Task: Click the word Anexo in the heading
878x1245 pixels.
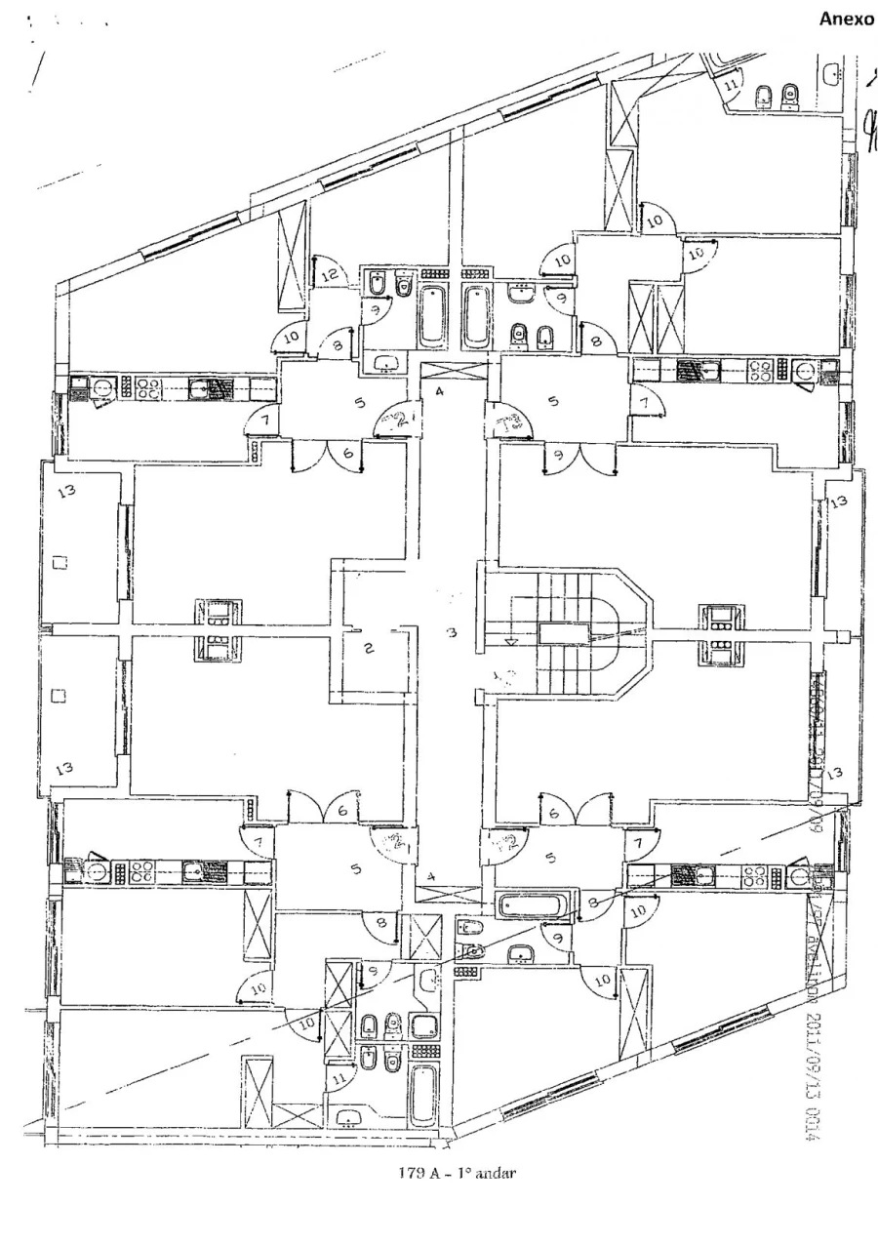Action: point(847,20)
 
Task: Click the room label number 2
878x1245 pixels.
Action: point(370,650)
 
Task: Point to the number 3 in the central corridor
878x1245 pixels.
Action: point(452,634)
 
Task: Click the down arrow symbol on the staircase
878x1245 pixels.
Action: point(510,641)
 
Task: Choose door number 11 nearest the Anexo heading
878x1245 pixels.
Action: point(731,86)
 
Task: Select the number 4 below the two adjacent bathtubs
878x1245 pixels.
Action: point(440,392)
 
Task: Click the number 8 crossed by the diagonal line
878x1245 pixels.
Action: point(594,904)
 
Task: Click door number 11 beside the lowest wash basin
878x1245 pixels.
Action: point(338,1079)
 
